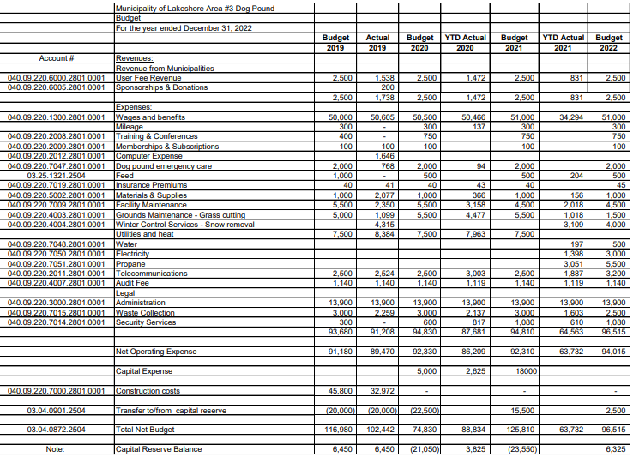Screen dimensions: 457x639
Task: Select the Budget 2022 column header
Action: click(608, 42)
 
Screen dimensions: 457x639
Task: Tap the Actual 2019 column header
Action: click(378, 42)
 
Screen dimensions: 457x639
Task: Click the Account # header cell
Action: click(57, 58)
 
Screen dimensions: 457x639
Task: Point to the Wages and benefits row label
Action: click(152, 117)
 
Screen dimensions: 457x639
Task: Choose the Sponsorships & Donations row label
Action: click(161, 87)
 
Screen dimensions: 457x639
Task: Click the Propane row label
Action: click(129, 265)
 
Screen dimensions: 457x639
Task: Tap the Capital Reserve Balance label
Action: click(160, 448)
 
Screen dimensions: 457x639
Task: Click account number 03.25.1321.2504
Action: click(57, 175)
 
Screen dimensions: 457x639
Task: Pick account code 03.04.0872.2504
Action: click(57, 429)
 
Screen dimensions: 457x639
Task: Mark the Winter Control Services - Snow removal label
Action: click(184, 225)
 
